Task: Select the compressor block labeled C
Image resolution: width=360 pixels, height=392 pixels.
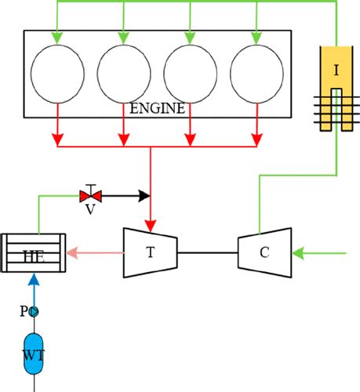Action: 264,252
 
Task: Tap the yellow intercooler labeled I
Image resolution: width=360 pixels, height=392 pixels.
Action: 336,86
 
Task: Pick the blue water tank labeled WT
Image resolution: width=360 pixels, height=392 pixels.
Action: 33,354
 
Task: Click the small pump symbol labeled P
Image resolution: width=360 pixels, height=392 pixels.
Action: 33,311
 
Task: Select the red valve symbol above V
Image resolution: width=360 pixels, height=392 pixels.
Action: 90,195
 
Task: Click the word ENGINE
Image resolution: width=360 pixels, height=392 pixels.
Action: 158,108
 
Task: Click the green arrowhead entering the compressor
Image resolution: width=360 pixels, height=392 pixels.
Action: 297,252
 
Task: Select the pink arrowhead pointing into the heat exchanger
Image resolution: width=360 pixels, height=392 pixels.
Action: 71,252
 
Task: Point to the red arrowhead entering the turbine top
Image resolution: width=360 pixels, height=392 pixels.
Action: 150,221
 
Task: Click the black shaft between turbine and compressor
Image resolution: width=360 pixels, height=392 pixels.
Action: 209,252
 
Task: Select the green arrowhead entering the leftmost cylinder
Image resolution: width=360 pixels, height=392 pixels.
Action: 56,37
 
